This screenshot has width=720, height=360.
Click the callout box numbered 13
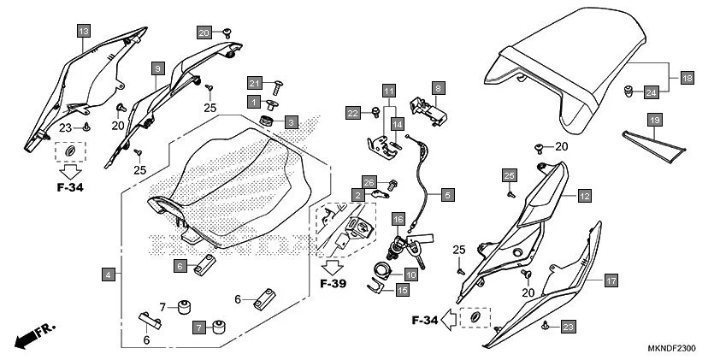83,32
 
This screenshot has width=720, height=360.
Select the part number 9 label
158,67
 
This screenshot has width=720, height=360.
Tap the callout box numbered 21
254,83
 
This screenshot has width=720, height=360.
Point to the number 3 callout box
291,122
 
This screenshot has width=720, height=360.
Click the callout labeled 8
437,87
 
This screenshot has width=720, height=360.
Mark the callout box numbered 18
687,78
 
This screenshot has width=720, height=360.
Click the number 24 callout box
651,91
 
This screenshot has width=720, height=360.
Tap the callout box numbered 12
584,196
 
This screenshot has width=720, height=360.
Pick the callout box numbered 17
611,280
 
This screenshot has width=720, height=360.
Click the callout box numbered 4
109,274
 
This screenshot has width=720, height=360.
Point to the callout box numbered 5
447,195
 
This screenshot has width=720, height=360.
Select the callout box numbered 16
398,220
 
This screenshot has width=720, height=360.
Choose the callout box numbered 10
410,274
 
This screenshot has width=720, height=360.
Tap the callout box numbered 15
402,290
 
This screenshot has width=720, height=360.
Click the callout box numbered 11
389,91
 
